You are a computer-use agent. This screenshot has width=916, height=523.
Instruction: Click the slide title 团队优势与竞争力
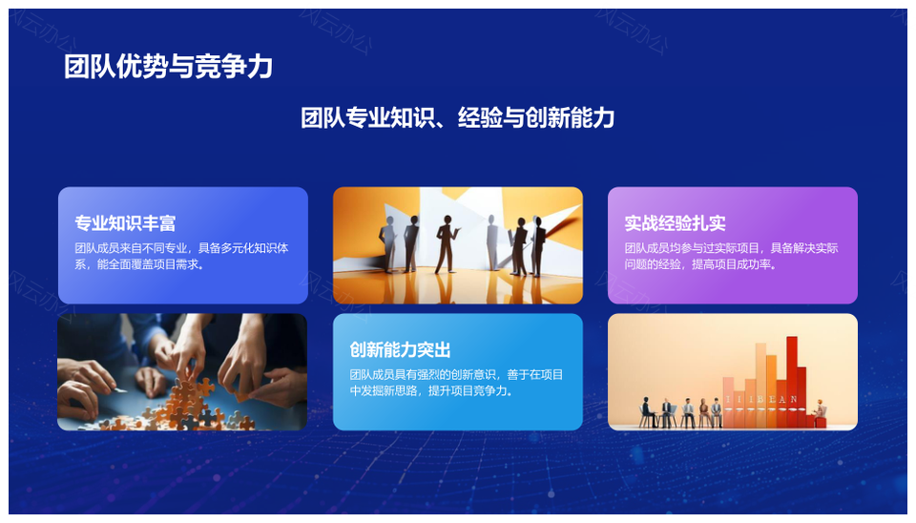click(x=168, y=66)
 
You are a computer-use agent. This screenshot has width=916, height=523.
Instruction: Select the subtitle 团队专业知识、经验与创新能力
click(x=457, y=117)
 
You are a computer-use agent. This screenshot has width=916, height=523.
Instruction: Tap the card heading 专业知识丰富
click(x=125, y=222)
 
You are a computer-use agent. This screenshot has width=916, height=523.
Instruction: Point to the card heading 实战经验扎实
click(x=675, y=222)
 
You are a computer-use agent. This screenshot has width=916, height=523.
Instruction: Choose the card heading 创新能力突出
click(x=400, y=349)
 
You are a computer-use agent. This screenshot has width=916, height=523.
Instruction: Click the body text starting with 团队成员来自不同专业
click(x=181, y=256)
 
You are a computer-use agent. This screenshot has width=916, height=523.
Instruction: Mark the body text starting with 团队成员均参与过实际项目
click(x=732, y=256)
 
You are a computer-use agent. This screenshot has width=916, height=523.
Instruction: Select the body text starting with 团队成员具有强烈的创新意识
click(x=456, y=383)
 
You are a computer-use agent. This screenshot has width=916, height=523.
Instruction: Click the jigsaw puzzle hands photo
click(x=182, y=372)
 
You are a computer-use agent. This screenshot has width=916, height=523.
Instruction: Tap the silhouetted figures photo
click(x=457, y=245)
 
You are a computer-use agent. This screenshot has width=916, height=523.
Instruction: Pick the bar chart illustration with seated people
click(x=733, y=372)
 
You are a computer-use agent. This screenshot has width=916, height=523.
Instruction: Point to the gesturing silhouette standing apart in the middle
click(x=447, y=244)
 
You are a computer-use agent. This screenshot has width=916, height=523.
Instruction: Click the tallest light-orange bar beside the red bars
click(x=760, y=385)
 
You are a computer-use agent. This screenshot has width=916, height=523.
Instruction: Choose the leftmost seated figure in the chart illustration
click(x=647, y=412)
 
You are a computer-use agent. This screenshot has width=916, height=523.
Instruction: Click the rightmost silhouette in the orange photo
click(x=537, y=245)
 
